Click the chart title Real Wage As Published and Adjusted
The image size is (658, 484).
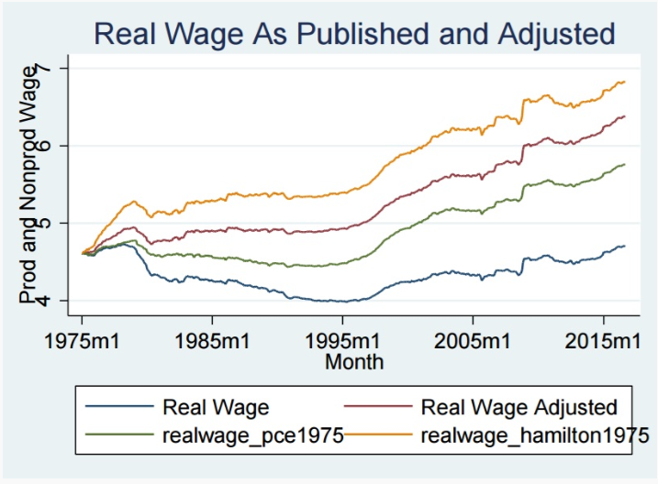354,35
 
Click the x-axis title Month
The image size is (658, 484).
354,362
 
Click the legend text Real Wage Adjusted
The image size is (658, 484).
518,406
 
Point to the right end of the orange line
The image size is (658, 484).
625,82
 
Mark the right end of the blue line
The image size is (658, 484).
625,246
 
